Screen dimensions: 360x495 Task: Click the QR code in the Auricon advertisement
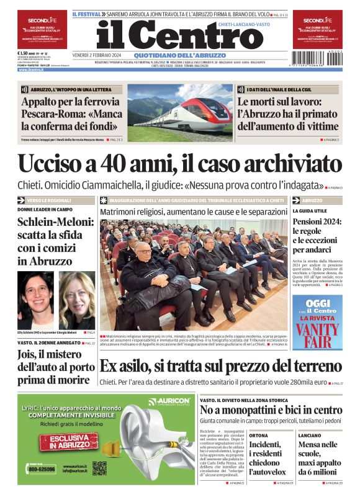(100, 470)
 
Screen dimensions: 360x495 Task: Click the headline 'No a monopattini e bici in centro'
(270, 410)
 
